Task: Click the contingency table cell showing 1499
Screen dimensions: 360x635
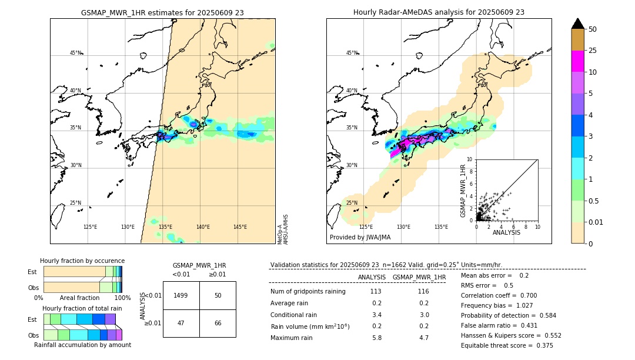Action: pos(181,295)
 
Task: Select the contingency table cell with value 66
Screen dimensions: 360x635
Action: pos(218,324)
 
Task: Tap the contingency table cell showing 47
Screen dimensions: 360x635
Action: pos(181,324)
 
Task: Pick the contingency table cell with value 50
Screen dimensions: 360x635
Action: pos(218,295)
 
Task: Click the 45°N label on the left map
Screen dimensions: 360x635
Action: pos(75,53)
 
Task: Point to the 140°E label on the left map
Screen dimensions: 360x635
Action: pos(203,227)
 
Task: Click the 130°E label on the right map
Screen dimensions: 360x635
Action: pos(403,227)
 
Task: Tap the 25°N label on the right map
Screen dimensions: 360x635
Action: pos(351,203)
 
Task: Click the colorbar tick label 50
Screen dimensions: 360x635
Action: pos(593,29)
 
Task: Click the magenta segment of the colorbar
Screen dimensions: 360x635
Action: pos(577,61)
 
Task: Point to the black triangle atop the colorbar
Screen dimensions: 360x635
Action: pos(577,24)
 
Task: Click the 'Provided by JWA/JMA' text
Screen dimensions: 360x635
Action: pos(360,238)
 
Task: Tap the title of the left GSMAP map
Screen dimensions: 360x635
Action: pos(162,12)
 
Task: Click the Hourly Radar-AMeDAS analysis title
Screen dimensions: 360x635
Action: pos(439,12)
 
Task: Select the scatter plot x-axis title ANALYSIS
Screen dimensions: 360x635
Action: pos(506,232)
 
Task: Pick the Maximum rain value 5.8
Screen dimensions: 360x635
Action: pos(376,338)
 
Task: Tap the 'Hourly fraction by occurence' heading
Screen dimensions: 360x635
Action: pos(82,261)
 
